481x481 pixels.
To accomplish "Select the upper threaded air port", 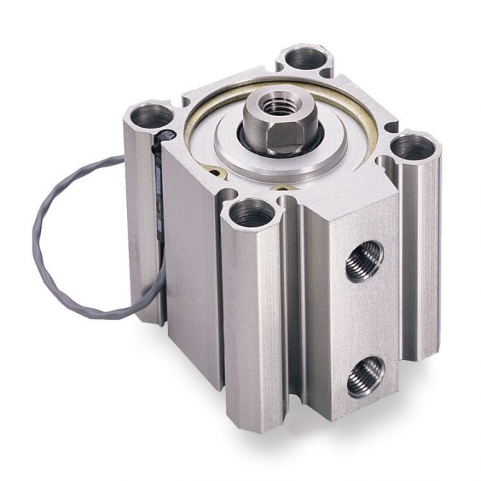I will point(363,261).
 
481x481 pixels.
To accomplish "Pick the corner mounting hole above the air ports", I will point(415,148).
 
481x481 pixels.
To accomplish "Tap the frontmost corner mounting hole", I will point(251,213).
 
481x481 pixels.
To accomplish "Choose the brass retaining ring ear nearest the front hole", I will point(283,189).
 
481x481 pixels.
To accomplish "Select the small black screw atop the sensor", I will point(167,135).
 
